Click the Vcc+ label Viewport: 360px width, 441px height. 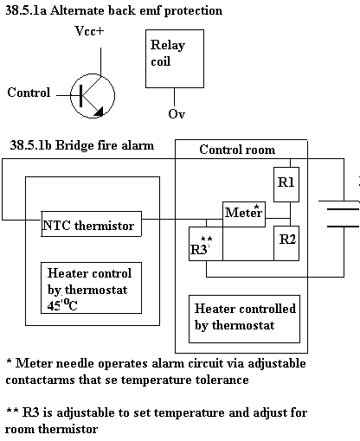[x=89, y=30]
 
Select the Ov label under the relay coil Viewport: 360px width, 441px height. [x=177, y=113]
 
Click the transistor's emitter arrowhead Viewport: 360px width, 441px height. [x=99, y=112]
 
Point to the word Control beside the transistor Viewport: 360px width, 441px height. [x=29, y=93]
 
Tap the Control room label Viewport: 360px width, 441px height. [x=237, y=150]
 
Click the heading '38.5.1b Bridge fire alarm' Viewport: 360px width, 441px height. [x=82, y=145]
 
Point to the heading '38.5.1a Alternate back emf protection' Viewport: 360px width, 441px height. [x=114, y=10]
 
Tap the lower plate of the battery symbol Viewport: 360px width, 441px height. [x=344, y=227]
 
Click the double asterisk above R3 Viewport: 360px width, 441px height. [x=207, y=239]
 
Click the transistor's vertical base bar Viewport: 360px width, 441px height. [x=81, y=96]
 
